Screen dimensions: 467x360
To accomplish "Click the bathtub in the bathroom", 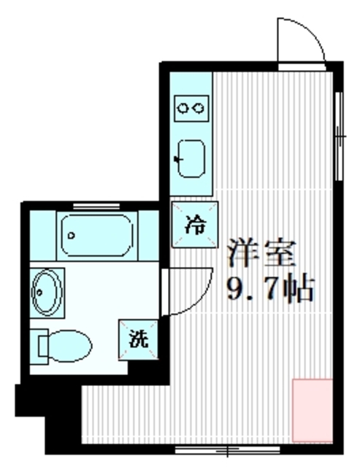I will (96, 234).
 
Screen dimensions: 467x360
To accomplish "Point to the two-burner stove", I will (192, 109).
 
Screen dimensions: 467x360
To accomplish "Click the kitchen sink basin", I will (193, 157).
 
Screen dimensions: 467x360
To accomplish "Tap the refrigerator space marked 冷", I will (194, 225).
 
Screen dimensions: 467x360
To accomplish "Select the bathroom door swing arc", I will (183, 292).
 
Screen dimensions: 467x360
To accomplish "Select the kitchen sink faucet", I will (179, 157).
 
